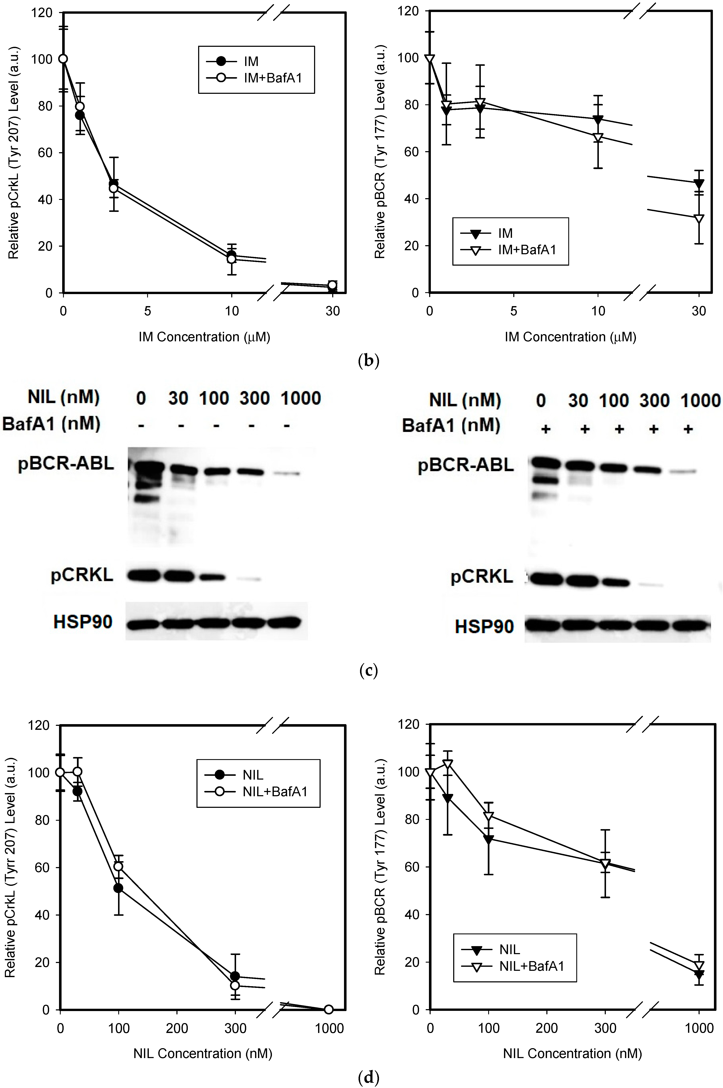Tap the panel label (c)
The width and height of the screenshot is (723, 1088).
pyautogui.click(x=368, y=670)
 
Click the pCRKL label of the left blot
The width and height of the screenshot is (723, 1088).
pyautogui.click(x=82, y=575)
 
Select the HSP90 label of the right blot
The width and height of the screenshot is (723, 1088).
pyautogui.click(x=484, y=627)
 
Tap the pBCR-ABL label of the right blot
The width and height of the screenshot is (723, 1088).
pyautogui.click(x=466, y=465)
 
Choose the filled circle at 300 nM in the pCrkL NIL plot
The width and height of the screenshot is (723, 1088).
pyautogui.click(x=235, y=976)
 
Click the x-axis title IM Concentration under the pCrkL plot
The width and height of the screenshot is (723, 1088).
pyautogui.click(x=204, y=337)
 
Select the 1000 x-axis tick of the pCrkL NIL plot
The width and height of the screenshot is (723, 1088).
pyautogui.click(x=329, y=1029)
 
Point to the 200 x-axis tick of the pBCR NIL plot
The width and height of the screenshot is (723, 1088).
pyautogui.click(x=547, y=1029)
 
